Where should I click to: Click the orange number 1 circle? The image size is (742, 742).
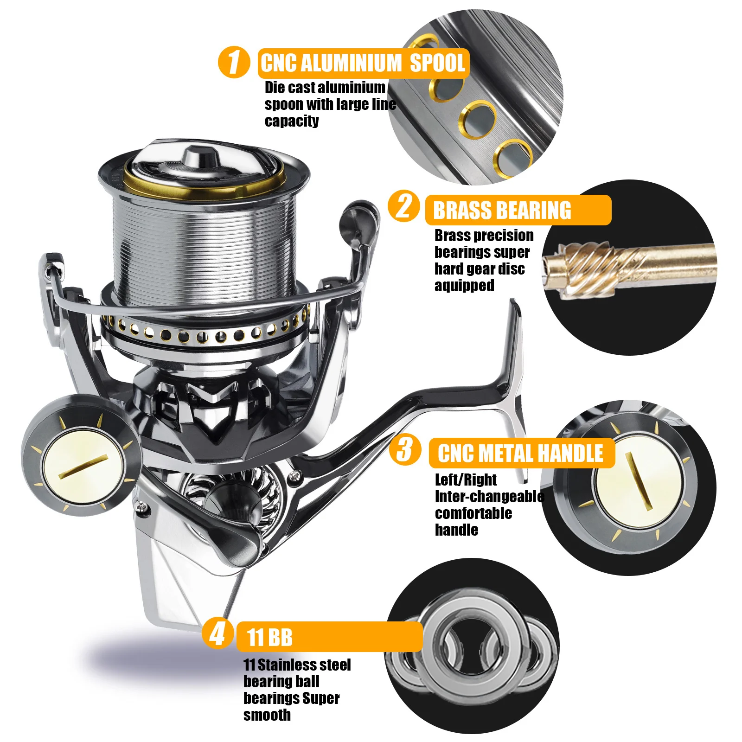[234, 62]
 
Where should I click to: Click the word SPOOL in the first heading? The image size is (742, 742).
[437, 63]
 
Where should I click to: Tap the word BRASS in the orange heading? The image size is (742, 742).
[461, 211]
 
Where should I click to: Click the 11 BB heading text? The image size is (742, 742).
[269, 637]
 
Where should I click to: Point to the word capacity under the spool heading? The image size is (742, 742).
[292, 121]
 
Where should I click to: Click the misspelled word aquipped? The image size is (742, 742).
[464, 286]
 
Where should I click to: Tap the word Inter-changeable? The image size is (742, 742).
[490, 497]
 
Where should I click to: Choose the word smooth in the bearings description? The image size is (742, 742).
[267, 715]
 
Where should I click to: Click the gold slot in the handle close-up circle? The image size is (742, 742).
[639, 481]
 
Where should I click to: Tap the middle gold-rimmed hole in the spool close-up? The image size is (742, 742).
[478, 120]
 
